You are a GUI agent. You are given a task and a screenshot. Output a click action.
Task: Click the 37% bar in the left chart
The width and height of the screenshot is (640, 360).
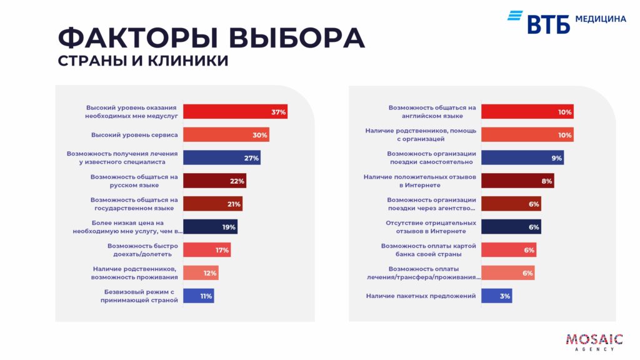[235, 112]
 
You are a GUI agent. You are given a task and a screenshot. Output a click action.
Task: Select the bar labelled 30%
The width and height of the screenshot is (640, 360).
[226, 135]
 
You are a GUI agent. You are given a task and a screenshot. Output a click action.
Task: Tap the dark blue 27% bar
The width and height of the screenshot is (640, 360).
[221, 158]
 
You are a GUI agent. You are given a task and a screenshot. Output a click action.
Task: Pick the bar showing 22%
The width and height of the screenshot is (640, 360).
[214, 181]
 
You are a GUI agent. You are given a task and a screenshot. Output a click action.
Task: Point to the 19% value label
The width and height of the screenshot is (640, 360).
[229, 227]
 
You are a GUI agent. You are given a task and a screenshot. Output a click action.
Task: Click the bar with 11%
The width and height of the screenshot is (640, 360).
[199, 296]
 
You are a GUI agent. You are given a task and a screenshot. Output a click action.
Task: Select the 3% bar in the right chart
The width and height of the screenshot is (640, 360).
[496, 296]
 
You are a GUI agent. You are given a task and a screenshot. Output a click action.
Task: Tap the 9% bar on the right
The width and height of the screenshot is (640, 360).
[522, 158]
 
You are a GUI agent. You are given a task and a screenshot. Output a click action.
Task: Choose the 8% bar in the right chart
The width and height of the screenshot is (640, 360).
[517, 181]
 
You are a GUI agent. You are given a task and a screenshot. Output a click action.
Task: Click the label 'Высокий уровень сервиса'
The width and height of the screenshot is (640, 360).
[134, 135]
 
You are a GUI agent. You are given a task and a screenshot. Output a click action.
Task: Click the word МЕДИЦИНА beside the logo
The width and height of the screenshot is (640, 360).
[600, 19]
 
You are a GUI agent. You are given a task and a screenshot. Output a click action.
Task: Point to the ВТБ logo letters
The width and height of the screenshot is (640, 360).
[549, 24]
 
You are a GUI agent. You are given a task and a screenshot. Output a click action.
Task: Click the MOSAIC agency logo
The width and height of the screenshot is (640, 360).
[594, 341]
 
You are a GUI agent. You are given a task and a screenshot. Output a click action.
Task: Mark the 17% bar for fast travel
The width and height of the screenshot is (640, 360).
[207, 250]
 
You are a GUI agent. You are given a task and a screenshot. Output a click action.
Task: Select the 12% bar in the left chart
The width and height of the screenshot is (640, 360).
[201, 272]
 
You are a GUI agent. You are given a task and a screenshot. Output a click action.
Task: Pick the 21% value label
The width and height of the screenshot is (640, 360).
[234, 204]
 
